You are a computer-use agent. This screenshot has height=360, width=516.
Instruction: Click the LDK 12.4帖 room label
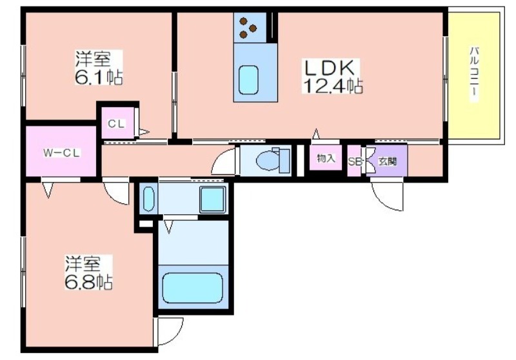point(333,76)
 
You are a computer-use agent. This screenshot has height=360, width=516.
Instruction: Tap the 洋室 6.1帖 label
point(99,68)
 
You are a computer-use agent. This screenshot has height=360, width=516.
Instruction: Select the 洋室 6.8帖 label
point(88,272)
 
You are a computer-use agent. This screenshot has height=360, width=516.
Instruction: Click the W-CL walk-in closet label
point(62,153)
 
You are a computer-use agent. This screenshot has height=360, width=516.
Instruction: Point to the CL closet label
point(117,124)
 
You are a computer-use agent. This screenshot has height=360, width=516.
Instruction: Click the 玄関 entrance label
point(388,161)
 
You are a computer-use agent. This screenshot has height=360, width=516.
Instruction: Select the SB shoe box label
point(355,161)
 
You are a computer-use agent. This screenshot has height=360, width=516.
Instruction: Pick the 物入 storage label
point(326,159)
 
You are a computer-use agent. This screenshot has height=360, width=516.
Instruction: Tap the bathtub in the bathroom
point(192,288)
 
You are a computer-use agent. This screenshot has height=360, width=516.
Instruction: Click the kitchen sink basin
point(248,79)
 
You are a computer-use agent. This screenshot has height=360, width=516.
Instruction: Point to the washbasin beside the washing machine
point(148,199)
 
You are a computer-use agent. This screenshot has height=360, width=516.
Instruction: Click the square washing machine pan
point(213,199)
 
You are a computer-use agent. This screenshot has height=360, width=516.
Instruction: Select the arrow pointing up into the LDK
point(316,134)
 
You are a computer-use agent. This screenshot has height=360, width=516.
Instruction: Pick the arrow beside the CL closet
point(144,132)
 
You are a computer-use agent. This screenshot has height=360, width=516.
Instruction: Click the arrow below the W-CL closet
point(48,190)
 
